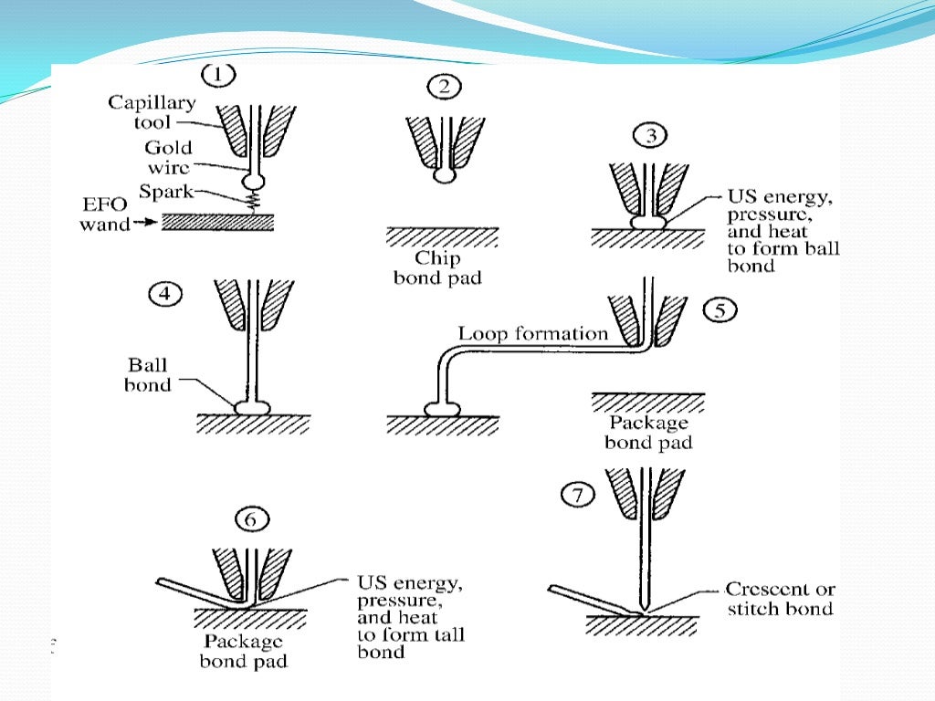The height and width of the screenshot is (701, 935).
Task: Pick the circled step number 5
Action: coord(720,311)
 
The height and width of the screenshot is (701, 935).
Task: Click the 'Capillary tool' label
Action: coord(152,111)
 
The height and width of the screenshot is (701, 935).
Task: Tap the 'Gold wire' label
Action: coord(167,156)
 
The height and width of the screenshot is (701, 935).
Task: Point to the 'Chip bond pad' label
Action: coord(436,267)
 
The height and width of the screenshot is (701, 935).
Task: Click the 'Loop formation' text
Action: coord(532,333)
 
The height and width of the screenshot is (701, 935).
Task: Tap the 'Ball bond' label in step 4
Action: coord(148,374)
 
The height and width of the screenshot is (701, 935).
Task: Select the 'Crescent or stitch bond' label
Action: coord(780,599)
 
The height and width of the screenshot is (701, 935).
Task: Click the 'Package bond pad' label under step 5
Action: coord(649,434)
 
